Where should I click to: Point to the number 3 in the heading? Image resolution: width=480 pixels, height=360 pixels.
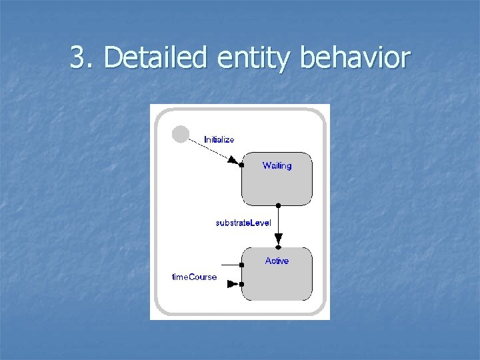click(78, 58)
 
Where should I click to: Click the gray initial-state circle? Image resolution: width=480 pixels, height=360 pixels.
click(180, 134)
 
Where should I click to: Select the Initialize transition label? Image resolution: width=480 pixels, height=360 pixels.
click(219, 139)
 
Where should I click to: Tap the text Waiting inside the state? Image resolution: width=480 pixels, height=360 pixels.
click(277, 165)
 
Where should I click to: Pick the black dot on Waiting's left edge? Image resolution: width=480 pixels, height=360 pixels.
click(241, 165)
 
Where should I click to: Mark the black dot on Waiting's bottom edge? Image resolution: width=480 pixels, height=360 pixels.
click(278, 205)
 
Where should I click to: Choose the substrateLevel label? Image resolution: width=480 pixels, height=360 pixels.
click(243, 223)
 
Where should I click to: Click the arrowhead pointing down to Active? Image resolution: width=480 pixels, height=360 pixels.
click(278, 238)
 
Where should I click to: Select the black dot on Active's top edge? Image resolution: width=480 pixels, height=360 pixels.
click(278, 247)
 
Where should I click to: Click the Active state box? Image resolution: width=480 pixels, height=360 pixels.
click(277, 280)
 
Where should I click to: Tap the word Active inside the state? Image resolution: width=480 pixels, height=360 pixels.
click(277, 261)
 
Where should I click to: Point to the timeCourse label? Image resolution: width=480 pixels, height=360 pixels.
click(194, 277)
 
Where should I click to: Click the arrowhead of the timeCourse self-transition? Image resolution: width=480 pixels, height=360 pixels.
click(232, 284)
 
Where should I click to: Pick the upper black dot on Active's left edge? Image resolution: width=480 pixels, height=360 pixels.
click(241, 265)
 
